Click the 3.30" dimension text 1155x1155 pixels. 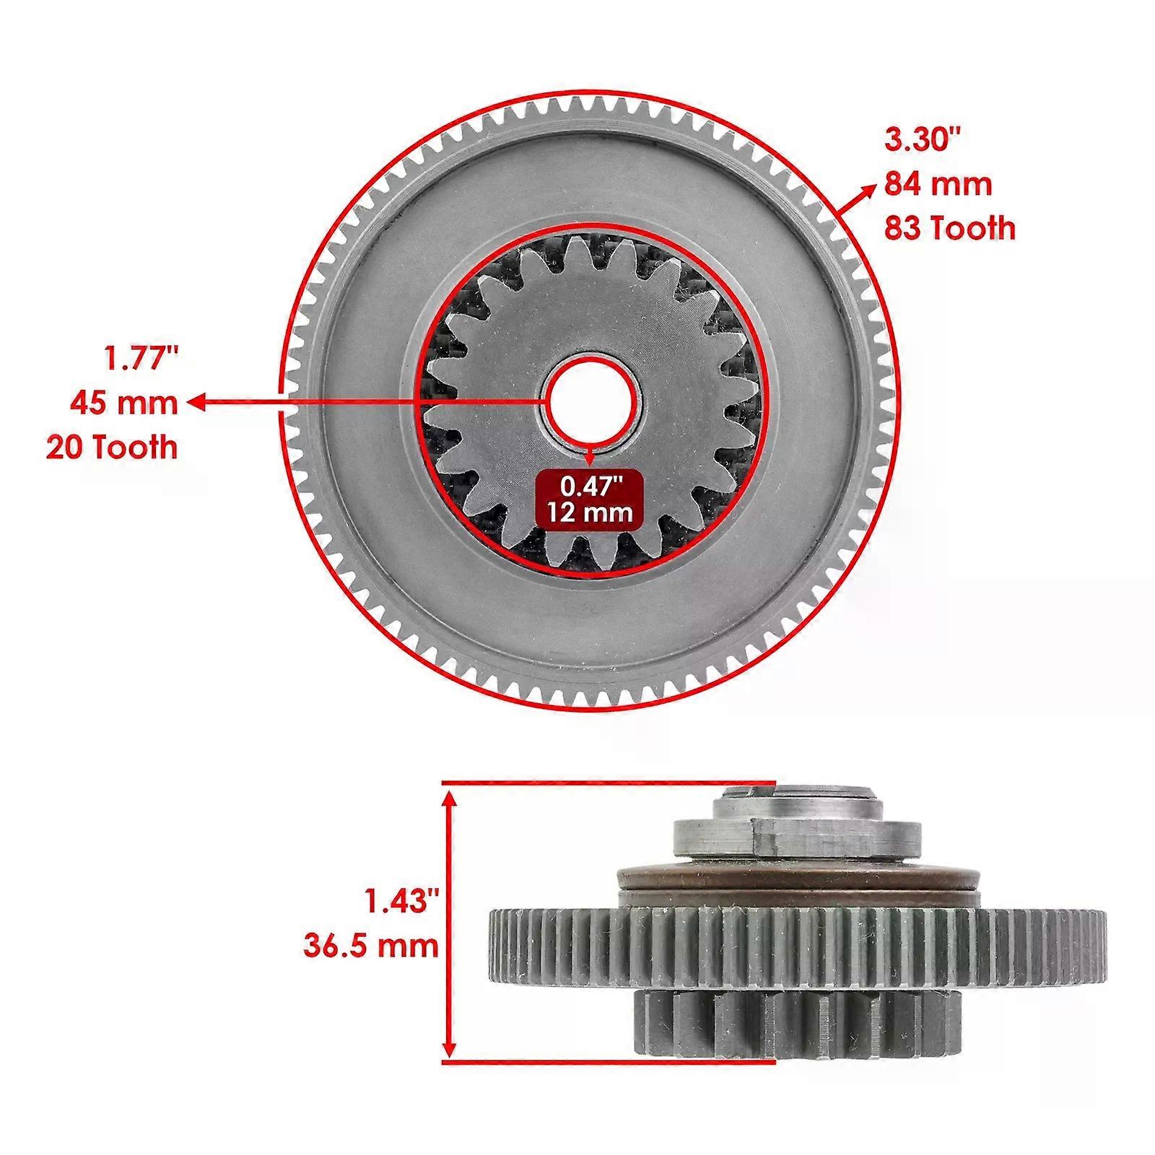click(923, 139)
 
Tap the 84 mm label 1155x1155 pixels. click(938, 184)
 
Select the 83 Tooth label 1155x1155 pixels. click(950, 228)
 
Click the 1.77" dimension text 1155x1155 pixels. click(140, 358)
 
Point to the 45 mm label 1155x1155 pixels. click(123, 403)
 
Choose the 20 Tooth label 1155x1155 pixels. click(112, 448)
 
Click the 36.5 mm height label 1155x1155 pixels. click(371, 946)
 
